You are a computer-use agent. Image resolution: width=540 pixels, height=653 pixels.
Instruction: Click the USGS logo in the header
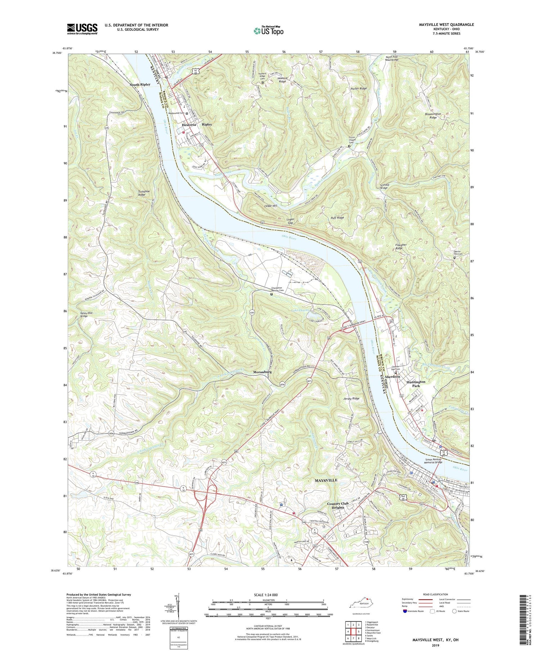click(82, 29)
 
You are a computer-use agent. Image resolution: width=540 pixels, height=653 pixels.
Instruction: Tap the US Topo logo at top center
click(268, 31)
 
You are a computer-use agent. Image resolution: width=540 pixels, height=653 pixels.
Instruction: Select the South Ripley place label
click(140, 84)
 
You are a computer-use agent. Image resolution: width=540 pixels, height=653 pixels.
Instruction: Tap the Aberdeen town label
click(392, 376)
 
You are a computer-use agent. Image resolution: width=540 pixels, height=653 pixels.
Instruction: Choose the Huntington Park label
click(416, 384)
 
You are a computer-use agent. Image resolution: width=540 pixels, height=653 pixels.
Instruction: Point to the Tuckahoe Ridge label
click(142, 192)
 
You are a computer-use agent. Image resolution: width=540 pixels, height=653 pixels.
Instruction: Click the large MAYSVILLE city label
click(326, 480)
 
